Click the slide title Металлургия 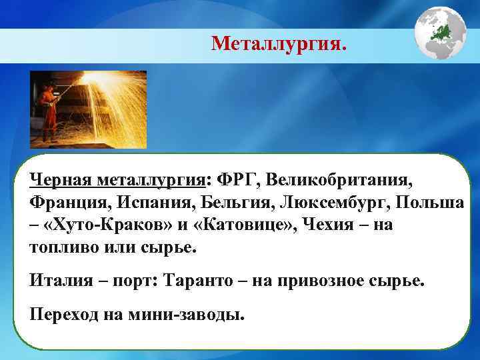tap(279, 44)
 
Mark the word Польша tap(425, 202)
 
